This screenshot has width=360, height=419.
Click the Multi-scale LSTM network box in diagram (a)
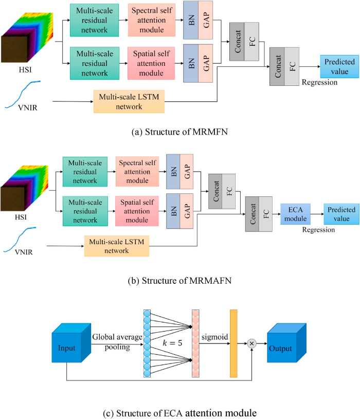129,101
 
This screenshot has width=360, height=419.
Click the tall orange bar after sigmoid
233,343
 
